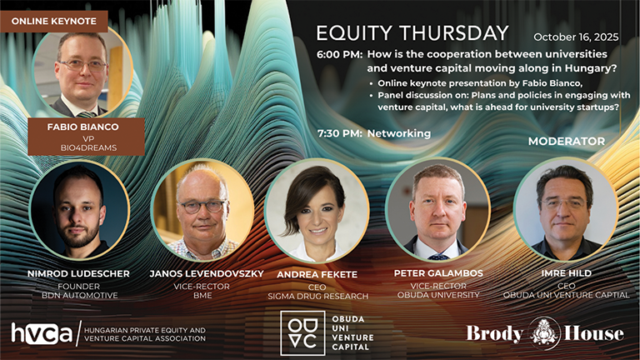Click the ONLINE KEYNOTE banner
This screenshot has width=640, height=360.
pyautogui.click(x=54, y=21)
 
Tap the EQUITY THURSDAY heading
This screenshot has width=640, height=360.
pyautogui.click(x=412, y=33)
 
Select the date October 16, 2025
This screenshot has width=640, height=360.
pyautogui.click(x=576, y=37)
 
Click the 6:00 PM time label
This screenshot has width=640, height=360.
pyautogui.click(x=339, y=55)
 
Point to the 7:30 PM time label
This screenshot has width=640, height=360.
pyautogui.click(x=340, y=133)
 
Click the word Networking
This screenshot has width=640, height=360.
pyautogui.click(x=399, y=133)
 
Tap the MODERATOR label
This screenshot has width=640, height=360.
pyautogui.click(x=567, y=141)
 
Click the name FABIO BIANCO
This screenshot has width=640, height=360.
pyautogui.click(x=82, y=127)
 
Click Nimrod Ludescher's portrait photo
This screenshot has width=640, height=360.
pyautogui.click(x=80, y=210)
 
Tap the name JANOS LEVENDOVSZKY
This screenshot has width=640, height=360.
pyautogui.click(x=207, y=273)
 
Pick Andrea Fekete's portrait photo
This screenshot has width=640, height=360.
pyautogui.click(x=317, y=211)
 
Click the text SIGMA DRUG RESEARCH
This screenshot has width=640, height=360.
pyautogui.click(x=318, y=297)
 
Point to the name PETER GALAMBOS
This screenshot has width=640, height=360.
pyautogui.click(x=438, y=273)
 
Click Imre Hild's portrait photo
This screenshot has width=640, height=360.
pyautogui.click(x=566, y=209)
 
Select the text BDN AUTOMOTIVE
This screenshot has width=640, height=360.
pyautogui.click(x=80, y=295)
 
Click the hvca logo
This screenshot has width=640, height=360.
pyautogui.click(x=41, y=333)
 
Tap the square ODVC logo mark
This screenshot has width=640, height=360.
pyautogui.click(x=302, y=332)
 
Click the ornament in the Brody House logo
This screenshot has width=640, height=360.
pyautogui.click(x=543, y=333)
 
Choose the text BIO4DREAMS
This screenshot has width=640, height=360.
pyautogui.click(x=88, y=147)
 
